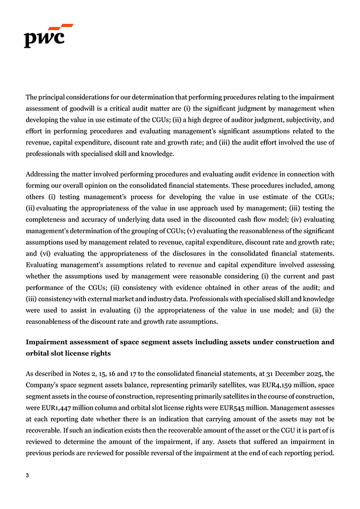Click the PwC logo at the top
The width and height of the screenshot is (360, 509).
48,36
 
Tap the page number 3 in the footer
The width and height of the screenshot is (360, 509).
28,476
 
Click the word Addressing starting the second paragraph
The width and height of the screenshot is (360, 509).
43,174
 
